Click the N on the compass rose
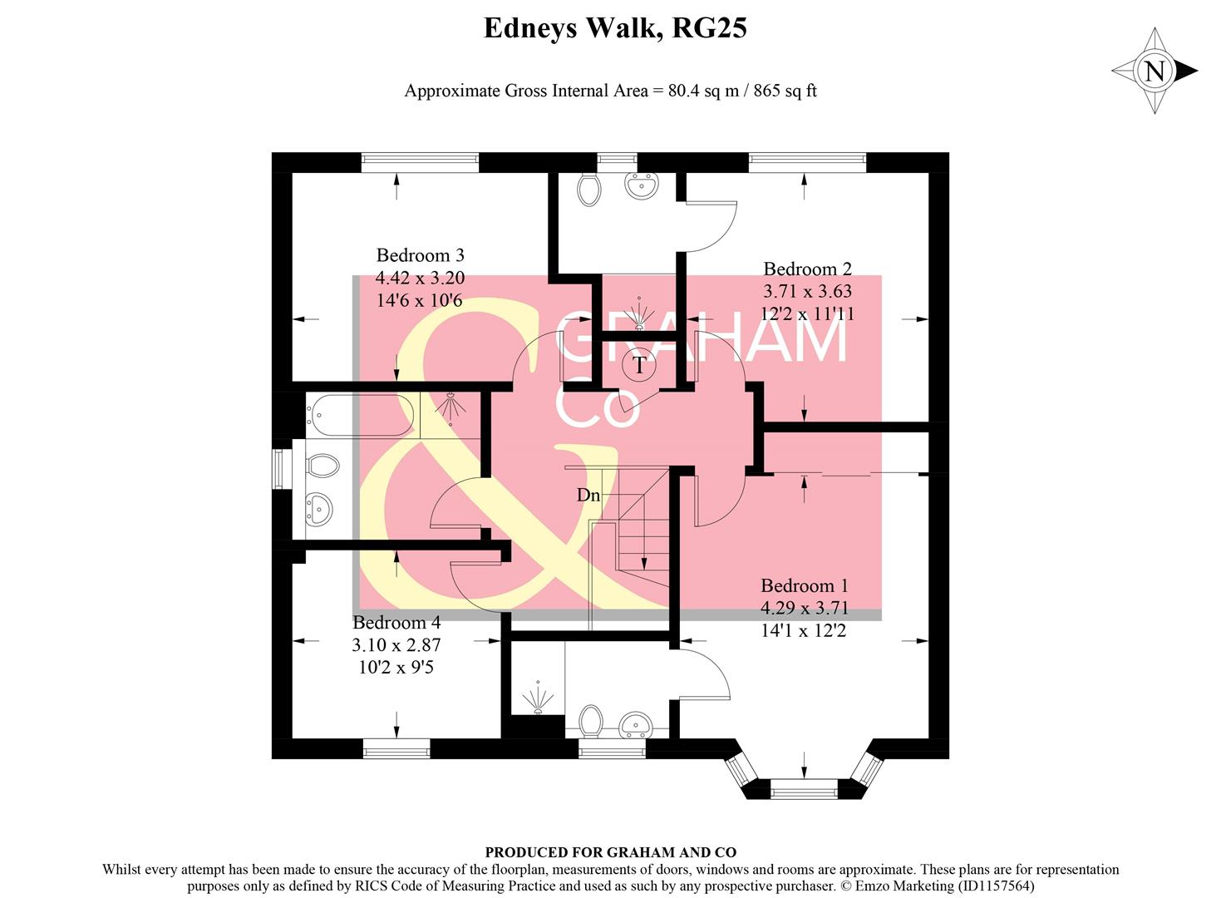pyautogui.click(x=1155, y=72)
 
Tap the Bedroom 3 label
pyautogui.click(x=420, y=255)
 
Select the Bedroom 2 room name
pyautogui.click(x=807, y=269)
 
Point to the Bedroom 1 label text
pyautogui.click(x=804, y=585)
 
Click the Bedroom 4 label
pyautogui.click(x=396, y=622)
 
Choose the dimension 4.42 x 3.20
pyautogui.click(x=420, y=278)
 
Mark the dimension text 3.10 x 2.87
pyautogui.click(x=396, y=644)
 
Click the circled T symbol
pyautogui.click(x=639, y=364)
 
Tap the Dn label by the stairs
pyautogui.click(x=588, y=496)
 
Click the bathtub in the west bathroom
pyautogui.click(x=361, y=415)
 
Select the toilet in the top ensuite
pyautogui.click(x=588, y=189)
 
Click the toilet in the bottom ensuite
pyautogui.click(x=591, y=720)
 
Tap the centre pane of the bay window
pyautogui.click(x=804, y=788)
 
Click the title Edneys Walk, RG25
pyautogui.click(x=615, y=28)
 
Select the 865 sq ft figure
pyautogui.click(x=785, y=91)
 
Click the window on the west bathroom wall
pyautogui.click(x=282, y=470)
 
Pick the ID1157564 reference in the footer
pyautogui.click(x=992, y=886)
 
